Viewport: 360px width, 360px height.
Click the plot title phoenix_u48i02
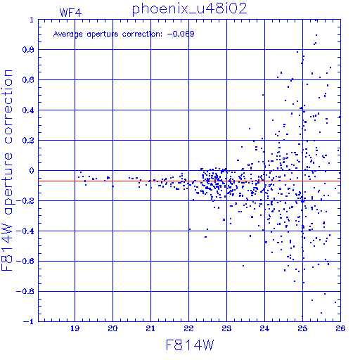(189, 9)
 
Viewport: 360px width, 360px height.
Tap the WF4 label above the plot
(70, 13)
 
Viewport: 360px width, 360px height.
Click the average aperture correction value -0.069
(181, 34)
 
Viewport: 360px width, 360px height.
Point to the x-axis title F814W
(190, 345)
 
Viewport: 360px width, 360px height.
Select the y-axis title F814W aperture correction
(7, 170)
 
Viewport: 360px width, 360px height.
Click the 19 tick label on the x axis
(75, 328)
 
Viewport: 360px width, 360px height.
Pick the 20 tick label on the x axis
(112, 328)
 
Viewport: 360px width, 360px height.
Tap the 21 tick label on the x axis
(150, 328)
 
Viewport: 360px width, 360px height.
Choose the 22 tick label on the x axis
(188, 328)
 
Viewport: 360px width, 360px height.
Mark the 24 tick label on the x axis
(264, 328)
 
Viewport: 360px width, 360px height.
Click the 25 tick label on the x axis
(302, 328)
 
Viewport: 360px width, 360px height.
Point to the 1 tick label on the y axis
(32, 20)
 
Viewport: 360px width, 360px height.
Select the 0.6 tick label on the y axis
(28, 80)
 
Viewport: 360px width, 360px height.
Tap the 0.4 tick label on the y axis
(28, 110)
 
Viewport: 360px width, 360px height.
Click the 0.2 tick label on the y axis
(28, 141)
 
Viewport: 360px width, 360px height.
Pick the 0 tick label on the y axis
(32, 171)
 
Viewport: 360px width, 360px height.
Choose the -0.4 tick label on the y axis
(25, 231)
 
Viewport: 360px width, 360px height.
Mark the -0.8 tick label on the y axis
(25, 292)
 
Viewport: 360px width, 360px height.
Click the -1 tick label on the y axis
(29, 321)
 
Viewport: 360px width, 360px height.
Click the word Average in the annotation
(68, 34)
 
